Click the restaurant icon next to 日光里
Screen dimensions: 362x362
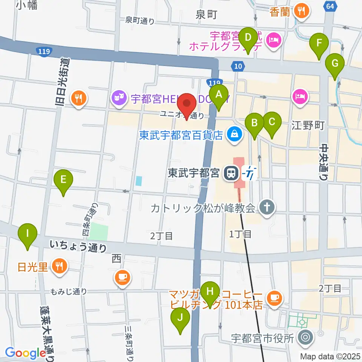click(x=59, y=267)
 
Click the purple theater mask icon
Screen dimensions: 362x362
click(x=119, y=99)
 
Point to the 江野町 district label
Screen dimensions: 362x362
click(x=308, y=126)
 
